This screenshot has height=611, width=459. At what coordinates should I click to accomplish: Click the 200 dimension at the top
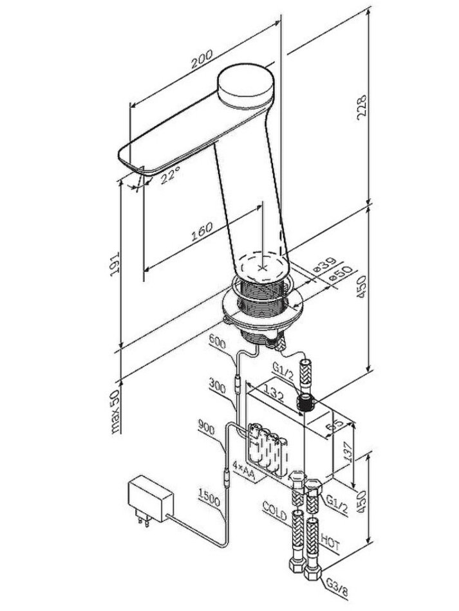click(202, 59)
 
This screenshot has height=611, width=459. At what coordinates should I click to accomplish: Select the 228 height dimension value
click(362, 107)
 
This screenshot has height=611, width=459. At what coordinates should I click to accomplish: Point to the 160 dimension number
click(202, 232)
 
